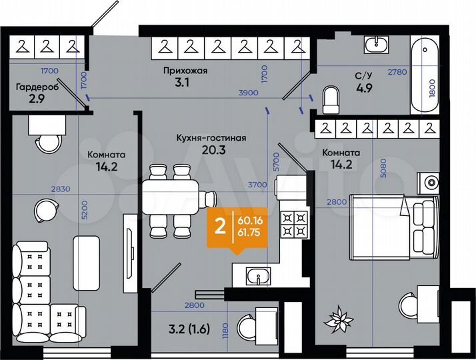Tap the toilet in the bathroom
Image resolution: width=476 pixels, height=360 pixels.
(331, 100)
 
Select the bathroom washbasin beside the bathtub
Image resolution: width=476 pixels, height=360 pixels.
(381, 45)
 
